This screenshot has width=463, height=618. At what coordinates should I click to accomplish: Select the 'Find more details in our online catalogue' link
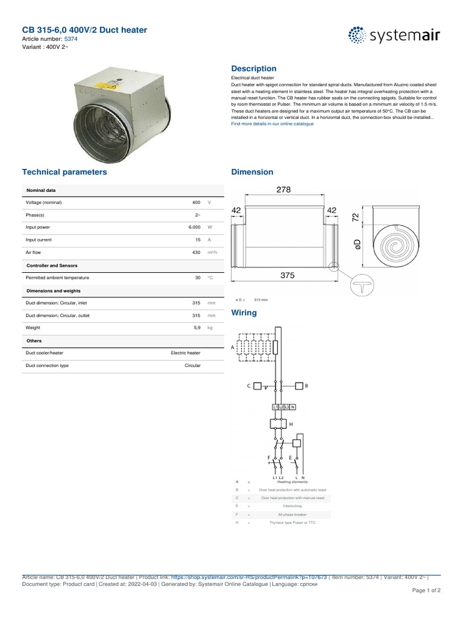272,124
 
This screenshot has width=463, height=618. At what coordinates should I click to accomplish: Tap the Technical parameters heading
65,172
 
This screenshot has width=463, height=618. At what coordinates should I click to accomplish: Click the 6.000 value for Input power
193,228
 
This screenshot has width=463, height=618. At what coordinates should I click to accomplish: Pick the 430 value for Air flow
195,252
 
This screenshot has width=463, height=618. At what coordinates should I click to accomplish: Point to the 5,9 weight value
195,328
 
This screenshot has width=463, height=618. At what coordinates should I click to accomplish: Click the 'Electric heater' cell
186,352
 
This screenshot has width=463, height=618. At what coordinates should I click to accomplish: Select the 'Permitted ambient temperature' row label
57,278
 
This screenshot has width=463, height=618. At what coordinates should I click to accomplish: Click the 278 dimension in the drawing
283,190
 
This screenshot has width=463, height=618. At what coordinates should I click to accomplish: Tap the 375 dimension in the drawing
287,275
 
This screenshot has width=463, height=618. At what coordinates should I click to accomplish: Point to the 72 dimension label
356,217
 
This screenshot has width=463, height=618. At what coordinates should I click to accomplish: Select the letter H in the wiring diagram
291,425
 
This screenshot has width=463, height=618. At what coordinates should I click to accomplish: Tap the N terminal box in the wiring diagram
294,408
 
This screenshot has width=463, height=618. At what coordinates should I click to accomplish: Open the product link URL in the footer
249,577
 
